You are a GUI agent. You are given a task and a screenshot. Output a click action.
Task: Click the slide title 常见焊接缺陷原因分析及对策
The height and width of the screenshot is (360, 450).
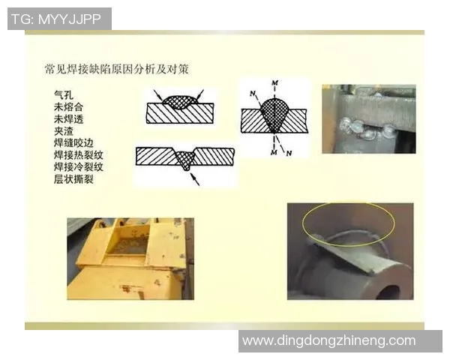point(115,69)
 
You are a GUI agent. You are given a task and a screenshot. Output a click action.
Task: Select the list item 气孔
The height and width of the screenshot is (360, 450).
point(63,95)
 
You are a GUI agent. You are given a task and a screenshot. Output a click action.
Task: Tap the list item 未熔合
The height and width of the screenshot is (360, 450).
point(67,107)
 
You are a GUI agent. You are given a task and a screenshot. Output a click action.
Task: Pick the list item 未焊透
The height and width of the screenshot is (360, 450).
point(67,119)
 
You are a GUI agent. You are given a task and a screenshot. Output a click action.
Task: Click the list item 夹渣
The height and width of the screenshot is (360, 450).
point(63,131)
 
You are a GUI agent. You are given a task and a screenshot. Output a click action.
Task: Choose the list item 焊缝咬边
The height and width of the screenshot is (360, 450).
point(73,143)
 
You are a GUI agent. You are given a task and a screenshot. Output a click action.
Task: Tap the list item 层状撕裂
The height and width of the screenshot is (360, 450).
point(73,179)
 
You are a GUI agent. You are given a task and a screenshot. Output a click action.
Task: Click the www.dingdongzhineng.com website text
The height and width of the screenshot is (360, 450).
point(328,340)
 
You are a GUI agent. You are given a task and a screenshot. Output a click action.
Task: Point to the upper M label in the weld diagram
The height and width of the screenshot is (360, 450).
point(275,81)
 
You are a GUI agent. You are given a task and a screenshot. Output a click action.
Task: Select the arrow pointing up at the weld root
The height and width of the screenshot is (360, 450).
point(193,179)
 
